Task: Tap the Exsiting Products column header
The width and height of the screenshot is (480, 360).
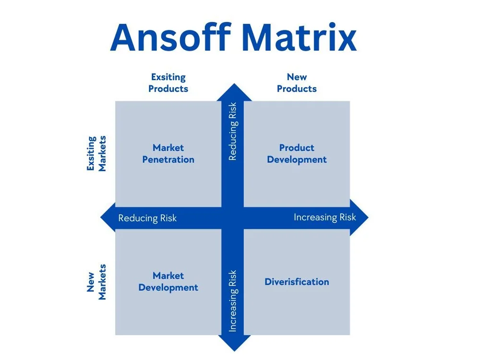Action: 168,83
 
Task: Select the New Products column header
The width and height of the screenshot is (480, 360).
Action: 297,83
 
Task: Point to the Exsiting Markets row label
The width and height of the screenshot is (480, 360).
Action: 96,154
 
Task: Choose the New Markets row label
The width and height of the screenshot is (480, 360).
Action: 96,282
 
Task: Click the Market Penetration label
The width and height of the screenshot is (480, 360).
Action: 168,154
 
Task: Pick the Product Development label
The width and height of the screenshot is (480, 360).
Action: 297,154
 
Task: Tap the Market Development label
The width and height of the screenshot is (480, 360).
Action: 168,282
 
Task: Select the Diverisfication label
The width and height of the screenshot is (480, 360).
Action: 297,282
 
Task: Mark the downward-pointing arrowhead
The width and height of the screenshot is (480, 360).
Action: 233,343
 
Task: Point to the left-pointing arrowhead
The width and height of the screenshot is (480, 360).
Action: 108,217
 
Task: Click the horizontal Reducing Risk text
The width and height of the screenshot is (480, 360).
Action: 147,218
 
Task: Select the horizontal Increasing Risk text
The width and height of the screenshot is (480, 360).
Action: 324,217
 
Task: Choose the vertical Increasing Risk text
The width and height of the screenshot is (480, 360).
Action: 233,301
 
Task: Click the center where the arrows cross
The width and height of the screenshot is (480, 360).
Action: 233,217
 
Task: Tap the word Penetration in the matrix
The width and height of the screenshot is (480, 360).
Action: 168,160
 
